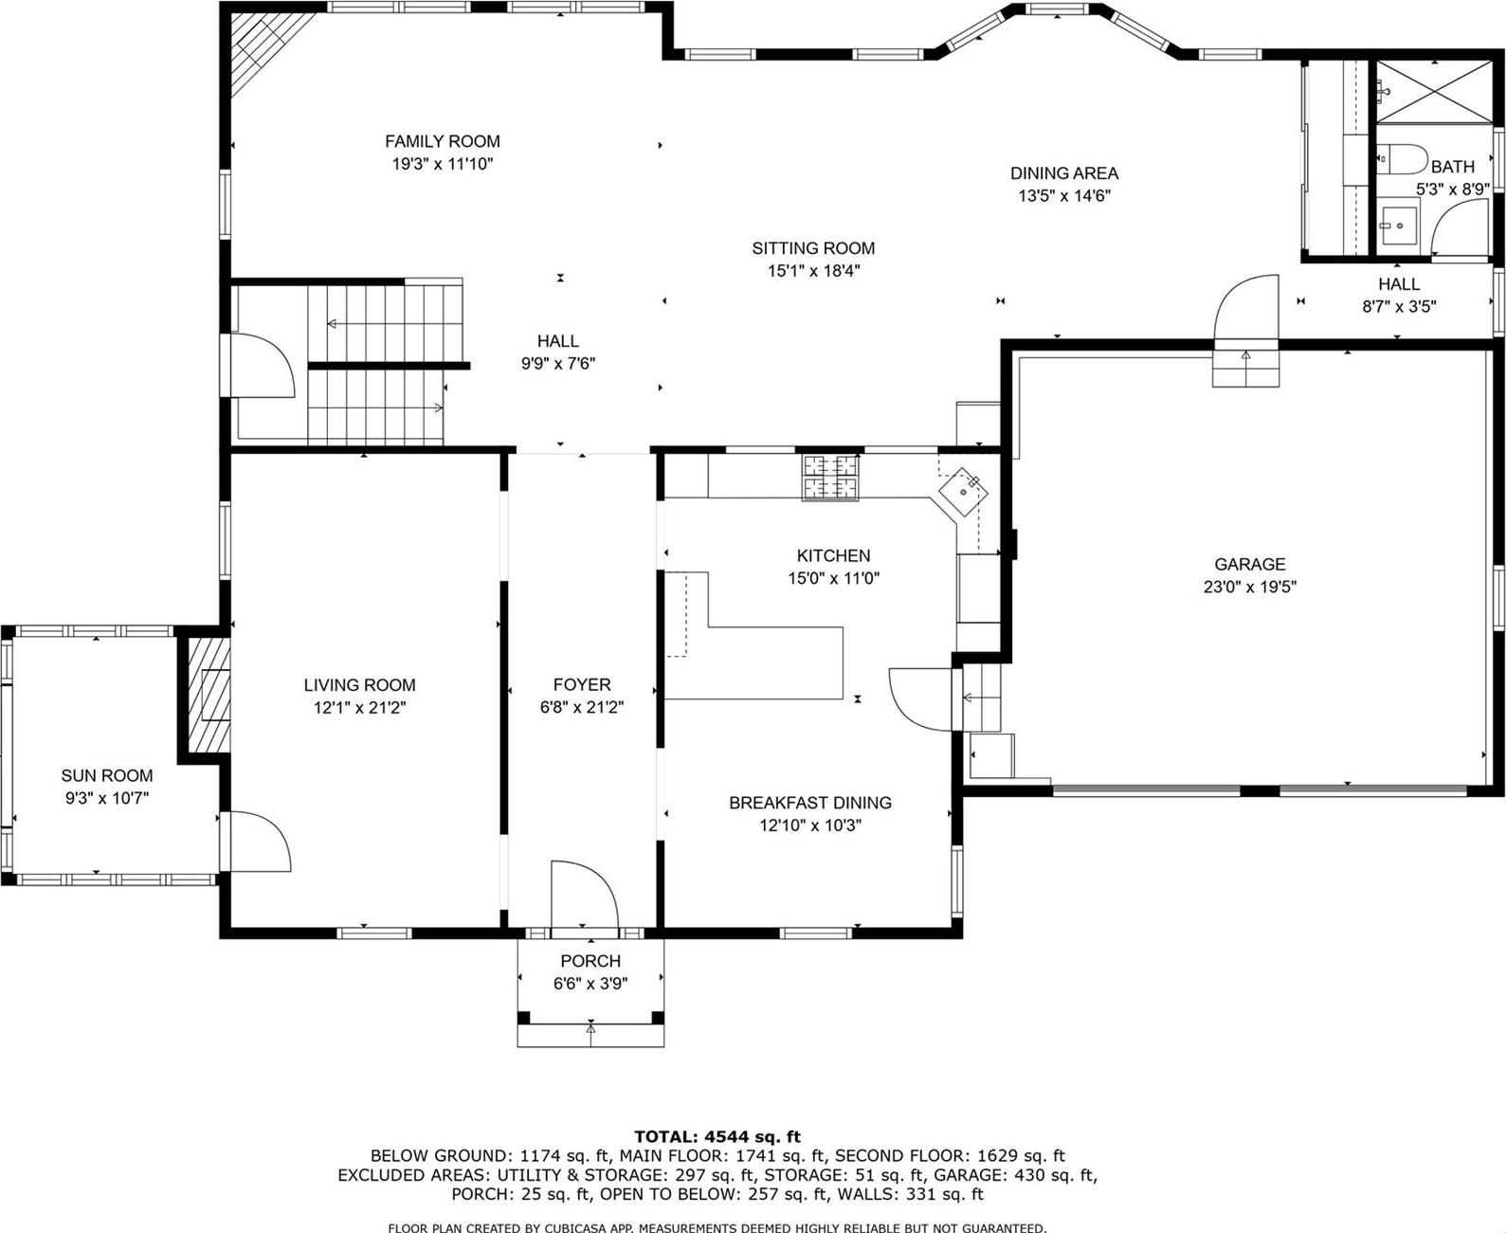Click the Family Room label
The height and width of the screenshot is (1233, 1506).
(x=442, y=141)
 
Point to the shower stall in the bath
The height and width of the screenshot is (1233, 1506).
(x=1432, y=91)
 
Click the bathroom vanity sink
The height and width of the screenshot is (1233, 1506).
(x=1396, y=226)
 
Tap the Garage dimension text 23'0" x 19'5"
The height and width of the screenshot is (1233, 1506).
(x=1249, y=587)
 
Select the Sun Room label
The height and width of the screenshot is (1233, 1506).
(x=107, y=775)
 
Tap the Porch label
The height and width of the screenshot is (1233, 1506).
(x=590, y=961)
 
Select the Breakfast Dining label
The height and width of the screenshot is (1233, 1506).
(x=809, y=803)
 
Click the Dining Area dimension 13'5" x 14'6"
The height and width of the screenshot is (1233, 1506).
(x=1063, y=196)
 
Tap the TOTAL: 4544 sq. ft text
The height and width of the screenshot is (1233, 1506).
(x=717, y=1136)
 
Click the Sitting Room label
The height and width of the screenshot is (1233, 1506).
(x=813, y=248)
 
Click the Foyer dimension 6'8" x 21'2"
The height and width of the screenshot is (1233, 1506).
(x=582, y=707)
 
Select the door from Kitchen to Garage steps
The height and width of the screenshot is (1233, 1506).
(x=920, y=699)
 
